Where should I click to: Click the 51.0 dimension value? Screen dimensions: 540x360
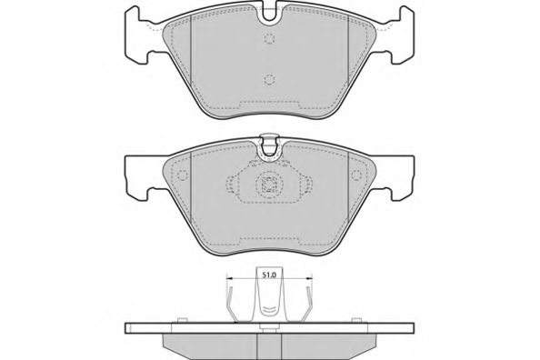pos(269,275)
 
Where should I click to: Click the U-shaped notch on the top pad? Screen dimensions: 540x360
pos(269,13)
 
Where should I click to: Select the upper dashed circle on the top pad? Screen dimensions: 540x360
pos(269,39)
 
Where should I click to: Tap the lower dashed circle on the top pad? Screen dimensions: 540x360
pos(269,80)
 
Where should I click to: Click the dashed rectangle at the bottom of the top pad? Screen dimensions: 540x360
pos(269,104)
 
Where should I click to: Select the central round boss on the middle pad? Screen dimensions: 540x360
pos(269,185)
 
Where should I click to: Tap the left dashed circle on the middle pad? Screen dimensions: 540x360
pos(182,175)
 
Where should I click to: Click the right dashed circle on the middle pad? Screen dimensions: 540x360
pos(356,175)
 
